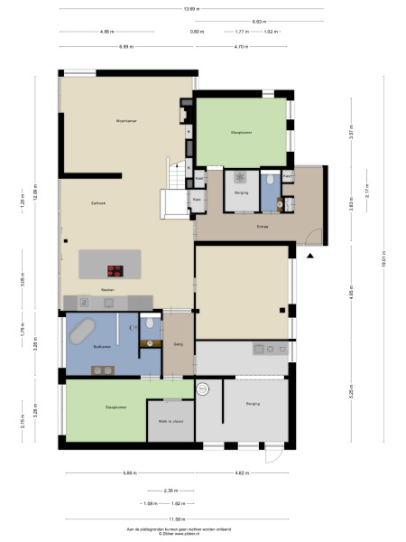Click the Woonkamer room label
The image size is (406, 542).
[125, 120]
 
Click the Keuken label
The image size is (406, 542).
[106, 289]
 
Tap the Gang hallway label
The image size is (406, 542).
[178, 344]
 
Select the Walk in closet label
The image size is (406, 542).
[171, 421]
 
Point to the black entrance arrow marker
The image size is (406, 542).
[309, 256]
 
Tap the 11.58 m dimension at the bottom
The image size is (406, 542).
[176, 518]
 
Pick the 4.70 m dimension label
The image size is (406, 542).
[241, 45]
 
